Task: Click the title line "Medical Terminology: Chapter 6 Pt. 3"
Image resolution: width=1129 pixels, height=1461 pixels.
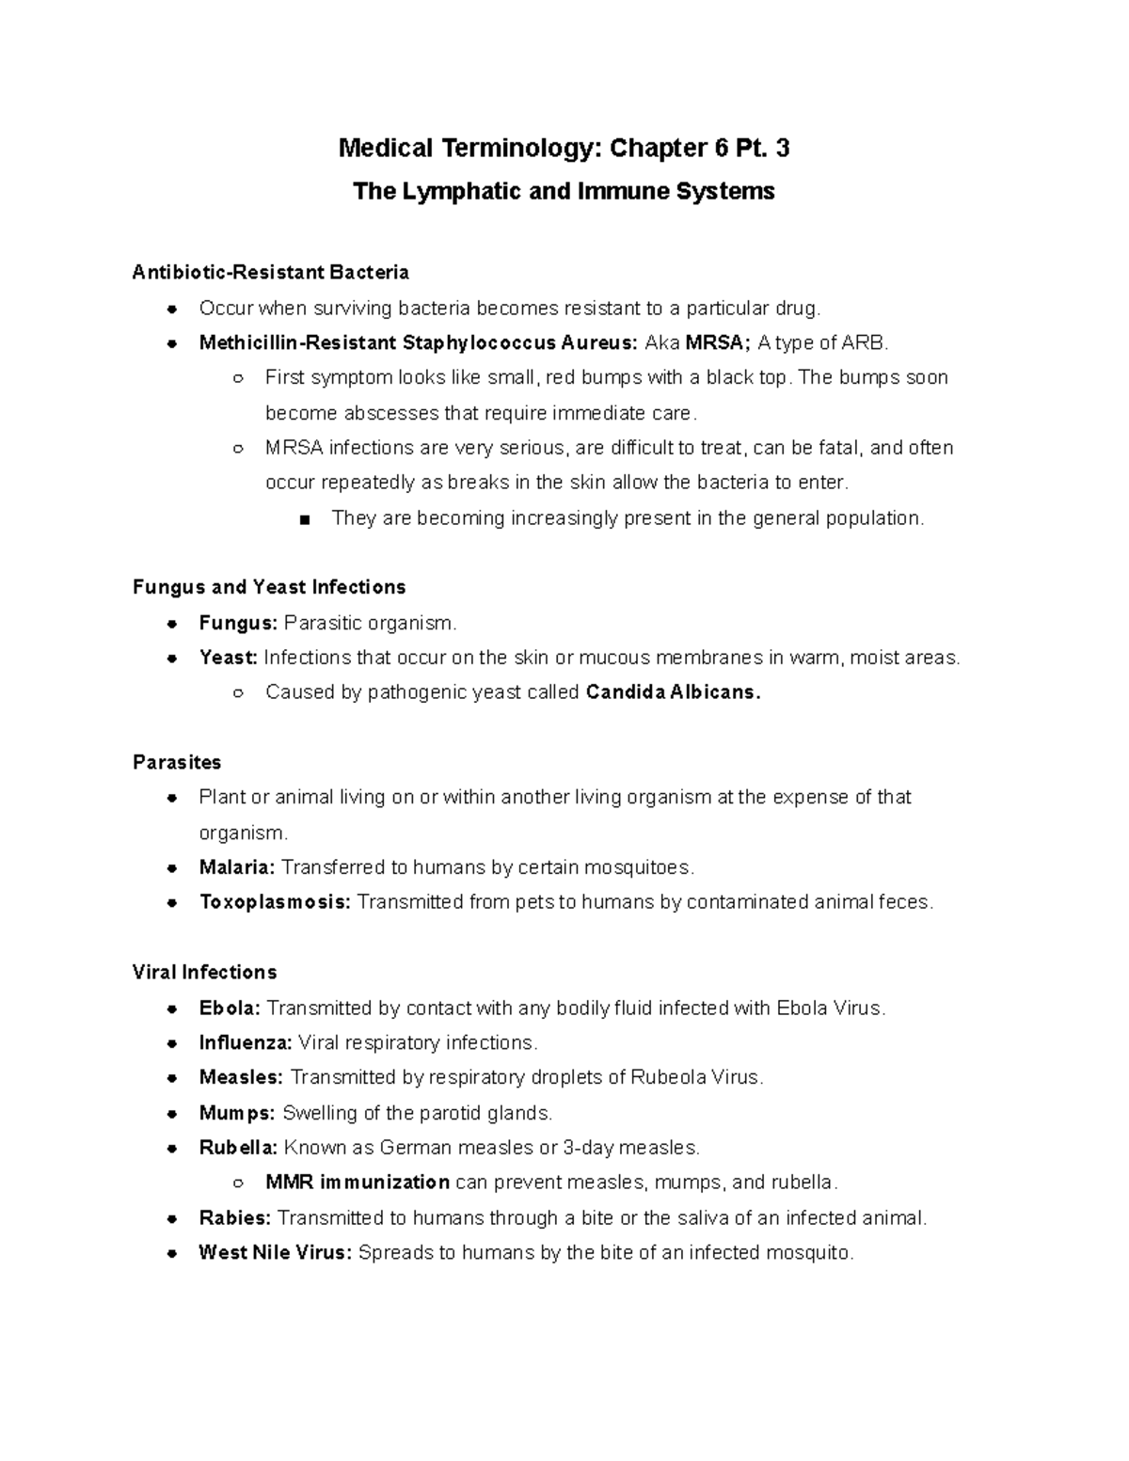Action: (564, 148)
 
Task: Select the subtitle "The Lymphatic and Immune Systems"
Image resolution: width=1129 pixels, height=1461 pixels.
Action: (564, 192)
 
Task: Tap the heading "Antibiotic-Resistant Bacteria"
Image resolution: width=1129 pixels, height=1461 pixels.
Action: (271, 273)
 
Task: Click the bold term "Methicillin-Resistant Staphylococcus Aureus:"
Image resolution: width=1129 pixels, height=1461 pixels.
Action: (419, 342)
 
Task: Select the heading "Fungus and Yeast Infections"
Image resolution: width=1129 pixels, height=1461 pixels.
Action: (269, 587)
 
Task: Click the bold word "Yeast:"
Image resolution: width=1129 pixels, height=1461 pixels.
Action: (228, 658)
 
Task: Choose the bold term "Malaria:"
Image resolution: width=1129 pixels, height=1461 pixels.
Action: (237, 867)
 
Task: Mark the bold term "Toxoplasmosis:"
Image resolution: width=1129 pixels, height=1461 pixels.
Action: (275, 902)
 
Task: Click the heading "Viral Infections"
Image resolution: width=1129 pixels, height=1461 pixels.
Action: (205, 972)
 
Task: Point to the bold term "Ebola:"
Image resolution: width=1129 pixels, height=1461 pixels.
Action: (230, 1008)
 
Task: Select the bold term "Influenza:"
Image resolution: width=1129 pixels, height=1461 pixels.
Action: (246, 1043)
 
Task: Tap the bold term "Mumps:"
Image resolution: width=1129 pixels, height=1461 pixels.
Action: (237, 1114)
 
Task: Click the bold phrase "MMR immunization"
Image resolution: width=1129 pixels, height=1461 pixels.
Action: (358, 1183)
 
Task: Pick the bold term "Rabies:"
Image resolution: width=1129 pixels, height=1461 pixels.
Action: (235, 1218)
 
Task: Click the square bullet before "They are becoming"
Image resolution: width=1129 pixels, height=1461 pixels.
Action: (303, 519)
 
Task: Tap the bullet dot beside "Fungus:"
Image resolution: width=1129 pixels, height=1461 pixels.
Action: (172, 623)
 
